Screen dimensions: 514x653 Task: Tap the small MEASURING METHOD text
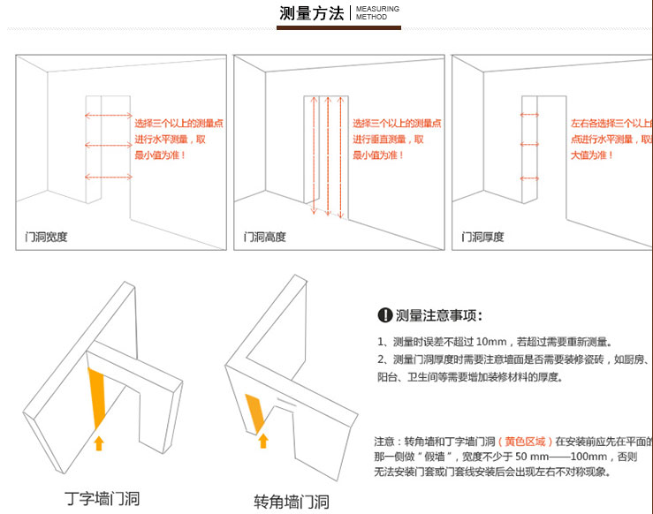coord(377,12)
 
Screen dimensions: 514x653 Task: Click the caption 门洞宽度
coord(47,237)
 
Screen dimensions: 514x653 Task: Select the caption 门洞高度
coord(265,237)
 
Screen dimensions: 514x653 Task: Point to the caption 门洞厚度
coord(483,237)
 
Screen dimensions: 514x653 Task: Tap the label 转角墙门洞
coord(292,502)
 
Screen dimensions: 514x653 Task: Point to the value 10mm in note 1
coord(492,342)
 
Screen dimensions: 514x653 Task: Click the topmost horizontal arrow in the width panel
coord(108,115)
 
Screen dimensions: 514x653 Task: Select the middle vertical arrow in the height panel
coord(328,155)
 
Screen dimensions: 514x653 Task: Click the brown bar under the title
coord(338,28)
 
